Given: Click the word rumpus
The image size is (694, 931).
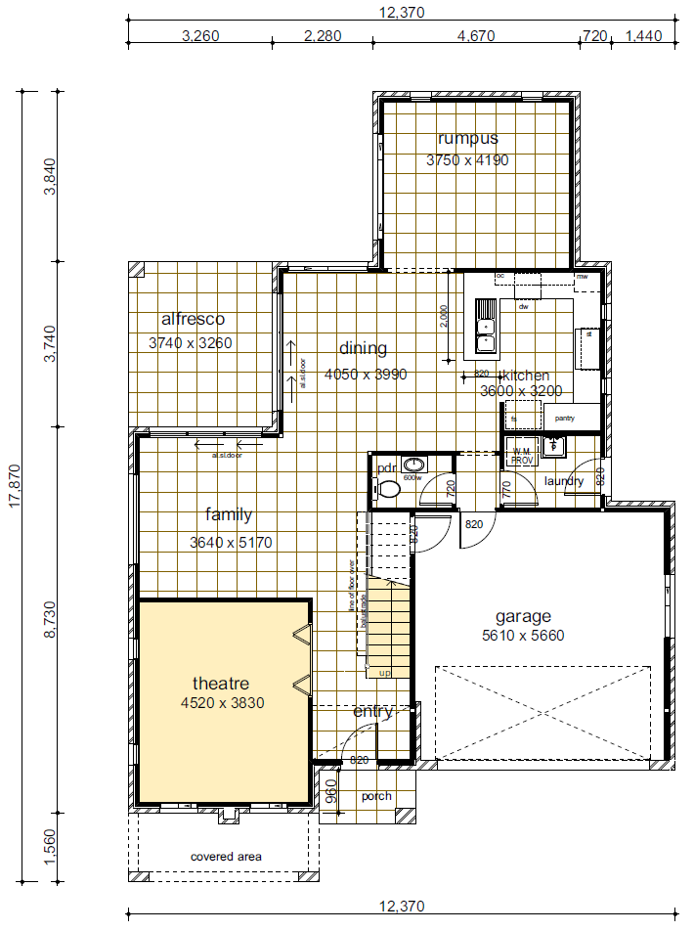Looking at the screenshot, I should click(467, 138).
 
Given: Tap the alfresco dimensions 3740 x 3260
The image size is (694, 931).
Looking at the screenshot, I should click(191, 343).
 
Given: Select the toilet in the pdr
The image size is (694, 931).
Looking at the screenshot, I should click(389, 488).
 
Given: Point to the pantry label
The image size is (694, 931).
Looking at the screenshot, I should click(564, 418).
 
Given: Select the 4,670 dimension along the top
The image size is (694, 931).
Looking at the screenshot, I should click(476, 36).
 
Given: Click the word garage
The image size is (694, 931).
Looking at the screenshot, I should click(523, 616).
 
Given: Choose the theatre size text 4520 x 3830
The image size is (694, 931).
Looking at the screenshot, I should click(222, 702).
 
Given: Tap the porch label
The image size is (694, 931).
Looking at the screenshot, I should click(376, 796).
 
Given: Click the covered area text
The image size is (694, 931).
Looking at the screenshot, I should click(226, 857).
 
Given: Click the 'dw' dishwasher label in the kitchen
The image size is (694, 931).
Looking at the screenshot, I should click(524, 307).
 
